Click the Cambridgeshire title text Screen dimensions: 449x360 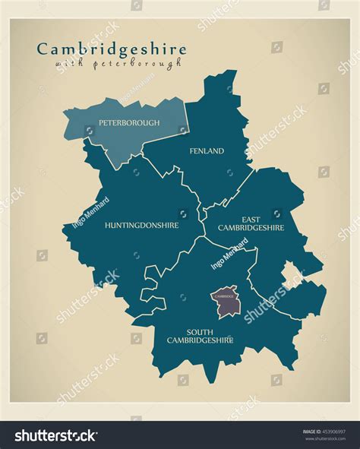pos(111,49)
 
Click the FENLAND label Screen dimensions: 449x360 pos(207,151)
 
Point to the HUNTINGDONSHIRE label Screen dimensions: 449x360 pos(142,225)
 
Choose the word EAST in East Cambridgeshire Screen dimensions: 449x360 pos(251,217)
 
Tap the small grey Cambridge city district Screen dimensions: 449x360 pos(227,305)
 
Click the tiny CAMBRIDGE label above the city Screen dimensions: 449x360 pos(225,296)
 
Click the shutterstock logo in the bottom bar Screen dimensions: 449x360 pos(55,436)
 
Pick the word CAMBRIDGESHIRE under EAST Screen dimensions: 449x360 pos(251,226)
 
